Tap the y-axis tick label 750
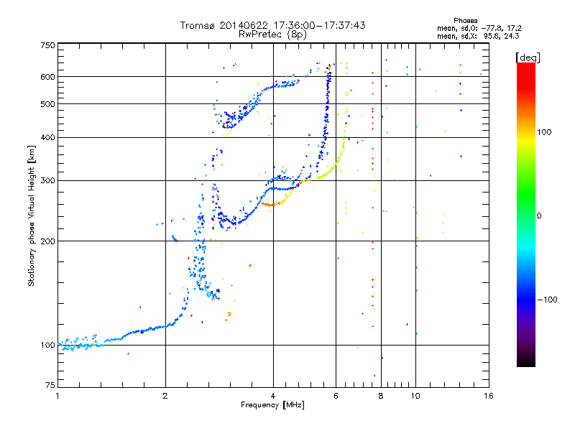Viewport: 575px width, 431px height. tap(47, 45)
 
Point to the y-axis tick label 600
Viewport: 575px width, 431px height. tap(47, 76)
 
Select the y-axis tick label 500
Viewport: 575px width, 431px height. tap(47, 103)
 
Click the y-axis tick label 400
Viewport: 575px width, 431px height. tap(47, 137)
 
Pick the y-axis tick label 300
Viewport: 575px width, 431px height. tap(47, 180)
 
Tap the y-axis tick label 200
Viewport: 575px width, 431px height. tap(47, 241)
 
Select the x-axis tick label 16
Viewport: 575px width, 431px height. tap(489, 396)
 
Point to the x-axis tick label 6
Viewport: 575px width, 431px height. tap(336, 396)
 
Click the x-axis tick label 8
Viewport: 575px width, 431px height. tap(381, 396)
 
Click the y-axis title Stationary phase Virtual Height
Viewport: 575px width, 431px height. tap(32, 215)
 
